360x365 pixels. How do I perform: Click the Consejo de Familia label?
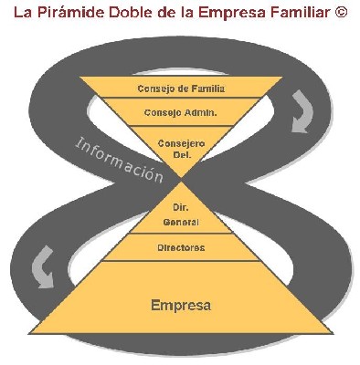click(x=181, y=89)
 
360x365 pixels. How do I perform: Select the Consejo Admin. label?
click(x=181, y=113)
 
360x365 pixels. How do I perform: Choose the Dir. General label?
click(x=181, y=214)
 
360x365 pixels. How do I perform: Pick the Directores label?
click(x=181, y=247)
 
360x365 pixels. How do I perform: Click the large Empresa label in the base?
click(x=181, y=304)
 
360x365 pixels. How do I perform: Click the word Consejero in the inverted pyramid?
click(x=181, y=143)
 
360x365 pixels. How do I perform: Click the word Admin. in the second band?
click(x=200, y=113)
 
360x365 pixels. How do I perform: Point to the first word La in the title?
click(x=21, y=15)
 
